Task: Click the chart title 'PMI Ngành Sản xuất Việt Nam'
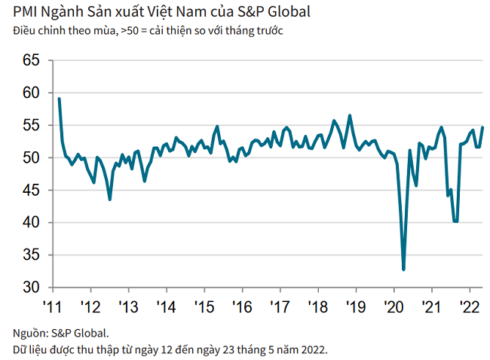tap(113, 12)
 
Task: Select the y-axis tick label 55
tap(30, 126)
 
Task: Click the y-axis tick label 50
tap(30, 158)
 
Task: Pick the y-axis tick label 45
tap(30, 191)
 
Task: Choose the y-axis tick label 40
tap(30, 223)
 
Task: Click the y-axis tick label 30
tap(30, 288)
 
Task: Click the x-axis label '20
tap(393, 307)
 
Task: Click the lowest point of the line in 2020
tap(404, 269)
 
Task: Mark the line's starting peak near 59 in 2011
tap(59, 99)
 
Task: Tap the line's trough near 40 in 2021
tap(455, 221)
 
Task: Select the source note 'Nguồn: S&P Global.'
tap(60, 332)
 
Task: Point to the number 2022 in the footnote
tap(313, 349)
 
